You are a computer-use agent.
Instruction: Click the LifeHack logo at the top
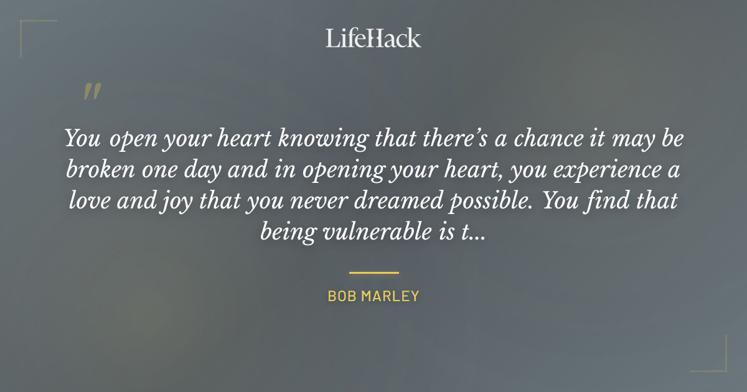[374, 39]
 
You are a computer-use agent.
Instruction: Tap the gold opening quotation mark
[92, 91]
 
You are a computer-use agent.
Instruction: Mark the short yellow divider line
[374, 273]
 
